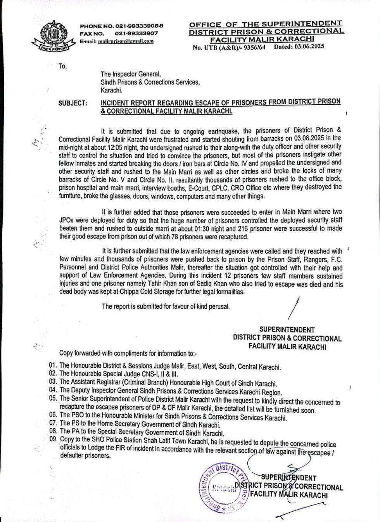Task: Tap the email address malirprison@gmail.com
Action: (x=126, y=41)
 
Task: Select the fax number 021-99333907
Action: (x=136, y=33)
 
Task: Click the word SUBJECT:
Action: (x=73, y=103)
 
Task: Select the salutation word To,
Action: (x=62, y=66)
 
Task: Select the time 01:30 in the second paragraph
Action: (x=210, y=228)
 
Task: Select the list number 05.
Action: (x=53, y=398)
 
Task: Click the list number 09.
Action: (x=53, y=440)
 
